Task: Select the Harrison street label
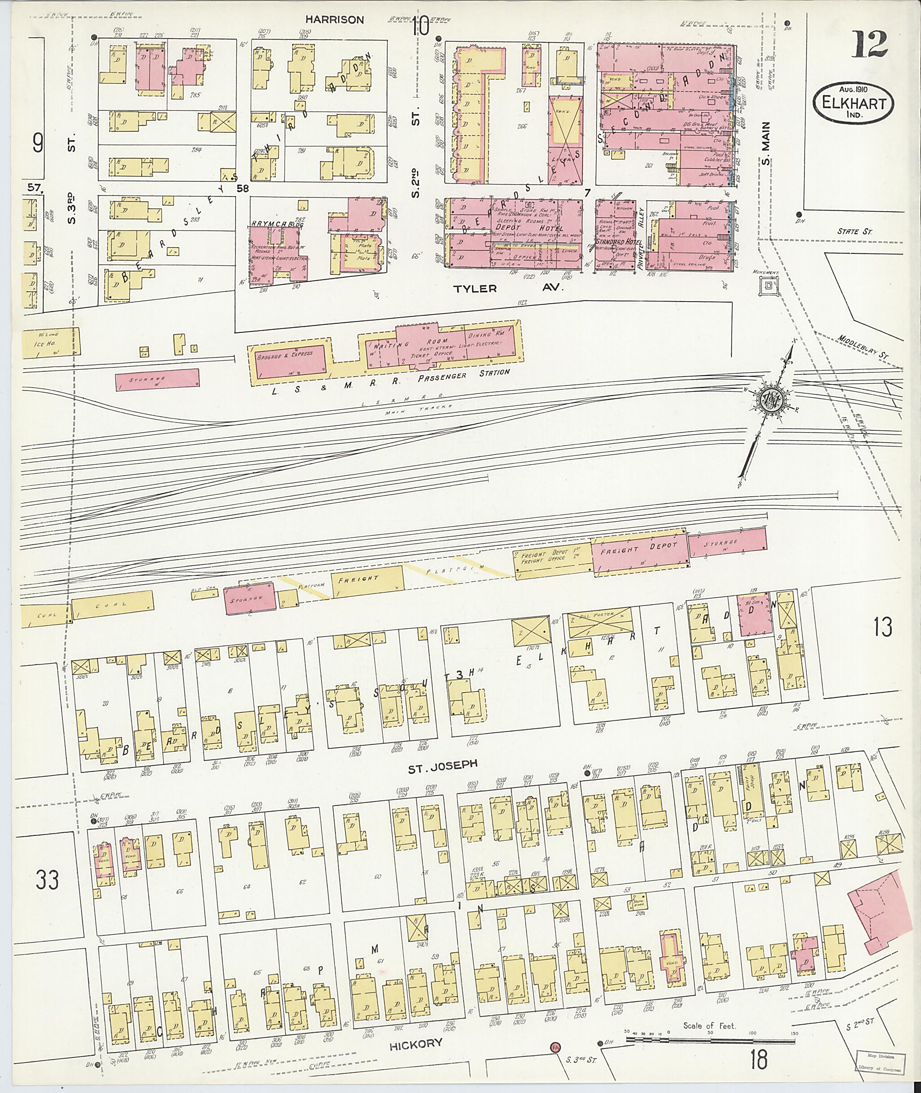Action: pos(334,20)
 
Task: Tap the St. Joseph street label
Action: pos(443,764)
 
